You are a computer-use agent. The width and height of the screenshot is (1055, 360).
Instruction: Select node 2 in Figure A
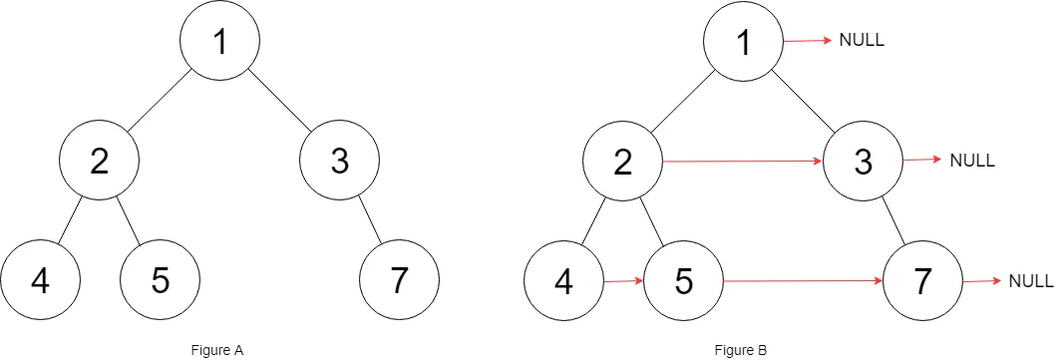tap(99, 161)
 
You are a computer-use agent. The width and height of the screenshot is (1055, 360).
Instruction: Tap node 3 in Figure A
tap(340, 161)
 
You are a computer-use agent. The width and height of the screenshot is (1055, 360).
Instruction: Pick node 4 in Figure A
tap(40, 281)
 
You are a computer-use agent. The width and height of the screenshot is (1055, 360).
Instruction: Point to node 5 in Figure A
tap(160, 281)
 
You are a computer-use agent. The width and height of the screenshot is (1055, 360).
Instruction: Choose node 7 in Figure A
tap(399, 281)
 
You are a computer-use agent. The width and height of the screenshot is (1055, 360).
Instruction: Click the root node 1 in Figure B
tap(743, 42)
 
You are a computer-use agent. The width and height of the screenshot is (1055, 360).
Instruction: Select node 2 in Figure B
tap(623, 162)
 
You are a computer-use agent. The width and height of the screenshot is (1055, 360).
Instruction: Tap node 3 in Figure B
tap(863, 162)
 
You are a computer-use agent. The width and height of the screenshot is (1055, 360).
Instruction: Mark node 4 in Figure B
tap(563, 282)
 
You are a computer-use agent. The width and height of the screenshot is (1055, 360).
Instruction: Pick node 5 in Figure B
tap(683, 282)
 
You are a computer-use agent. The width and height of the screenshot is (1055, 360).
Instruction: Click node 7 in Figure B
tap(922, 282)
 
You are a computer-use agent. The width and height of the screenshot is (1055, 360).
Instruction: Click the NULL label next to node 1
tap(863, 41)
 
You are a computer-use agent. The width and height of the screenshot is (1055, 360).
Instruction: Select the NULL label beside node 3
tap(972, 160)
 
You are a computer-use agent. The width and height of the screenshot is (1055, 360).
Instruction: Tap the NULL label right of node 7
tap(1031, 281)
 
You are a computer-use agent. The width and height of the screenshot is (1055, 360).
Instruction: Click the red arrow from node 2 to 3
tap(743, 161)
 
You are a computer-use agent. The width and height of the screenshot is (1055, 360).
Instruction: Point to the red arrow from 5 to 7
tap(803, 282)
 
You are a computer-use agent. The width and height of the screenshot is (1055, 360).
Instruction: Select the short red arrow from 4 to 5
tap(623, 282)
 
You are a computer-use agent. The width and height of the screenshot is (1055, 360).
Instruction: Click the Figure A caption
tap(217, 349)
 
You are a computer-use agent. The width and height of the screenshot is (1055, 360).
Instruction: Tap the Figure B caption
tap(741, 349)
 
